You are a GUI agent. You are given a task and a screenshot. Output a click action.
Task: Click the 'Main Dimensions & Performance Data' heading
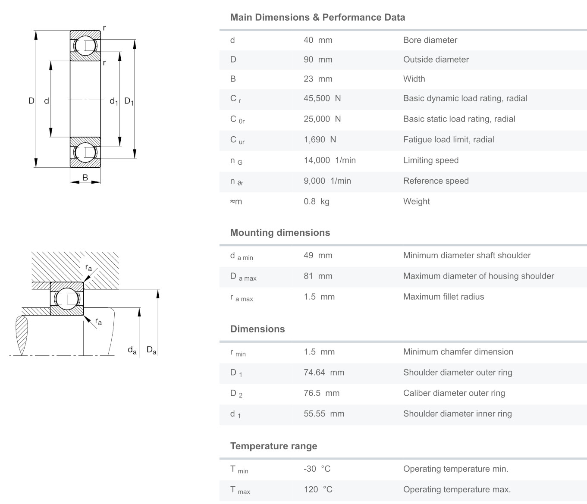tap(317, 18)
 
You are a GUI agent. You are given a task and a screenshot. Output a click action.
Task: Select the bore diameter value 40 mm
tap(318, 40)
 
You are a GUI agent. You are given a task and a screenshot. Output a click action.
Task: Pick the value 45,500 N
tap(322, 98)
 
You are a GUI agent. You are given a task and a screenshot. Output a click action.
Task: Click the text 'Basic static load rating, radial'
tap(459, 119)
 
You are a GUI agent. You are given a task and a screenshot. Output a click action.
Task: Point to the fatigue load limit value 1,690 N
tap(320, 140)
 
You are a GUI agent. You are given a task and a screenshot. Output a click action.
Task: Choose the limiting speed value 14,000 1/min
tap(330, 160)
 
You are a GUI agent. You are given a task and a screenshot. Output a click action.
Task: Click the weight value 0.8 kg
tap(316, 201)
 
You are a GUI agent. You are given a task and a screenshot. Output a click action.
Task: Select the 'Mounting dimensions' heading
tap(280, 233)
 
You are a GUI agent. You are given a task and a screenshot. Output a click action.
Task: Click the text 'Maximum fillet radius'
tap(443, 297)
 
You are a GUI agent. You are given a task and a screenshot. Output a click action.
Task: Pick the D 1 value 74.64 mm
tap(324, 373)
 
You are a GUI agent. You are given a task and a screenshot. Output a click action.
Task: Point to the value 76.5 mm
tap(321, 393)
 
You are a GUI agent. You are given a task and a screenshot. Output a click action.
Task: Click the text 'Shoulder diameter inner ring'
tap(457, 414)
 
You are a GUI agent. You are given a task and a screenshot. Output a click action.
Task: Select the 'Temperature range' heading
tap(273, 446)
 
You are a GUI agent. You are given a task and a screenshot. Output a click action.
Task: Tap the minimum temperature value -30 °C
tap(317, 469)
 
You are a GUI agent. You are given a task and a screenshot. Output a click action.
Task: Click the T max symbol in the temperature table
tap(240, 490)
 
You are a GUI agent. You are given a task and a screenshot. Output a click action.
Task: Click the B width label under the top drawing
tap(85, 178)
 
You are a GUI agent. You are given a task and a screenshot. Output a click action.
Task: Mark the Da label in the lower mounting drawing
tap(151, 350)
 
